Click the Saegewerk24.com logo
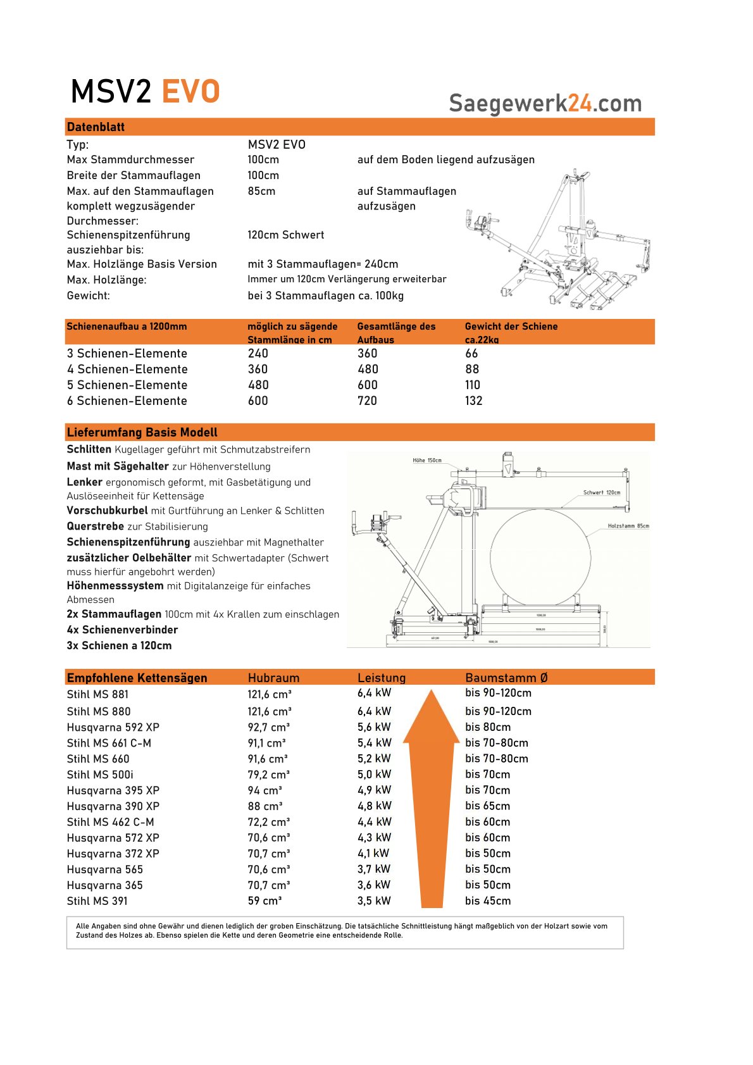[x=545, y=103]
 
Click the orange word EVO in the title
[x=190, y=92]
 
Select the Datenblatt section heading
[x=96, y=127]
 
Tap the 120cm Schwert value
[x=285, y=235]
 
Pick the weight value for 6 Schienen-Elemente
[x=473, y=401]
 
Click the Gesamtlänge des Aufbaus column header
[x=396, y=332]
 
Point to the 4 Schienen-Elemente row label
[x=127, y=369]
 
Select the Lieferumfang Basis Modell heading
[x=142, y=432]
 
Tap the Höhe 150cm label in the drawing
[x=427, y=460]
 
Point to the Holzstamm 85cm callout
[x=628, y=526]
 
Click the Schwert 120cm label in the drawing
[x=601, y=492]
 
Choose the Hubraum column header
[x=273, y=678]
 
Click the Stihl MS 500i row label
[x=100, y=775]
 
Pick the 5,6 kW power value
[x=374, y=727]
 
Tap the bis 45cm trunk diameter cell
[x=487, y=900]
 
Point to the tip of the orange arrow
[x=431, y=692]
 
